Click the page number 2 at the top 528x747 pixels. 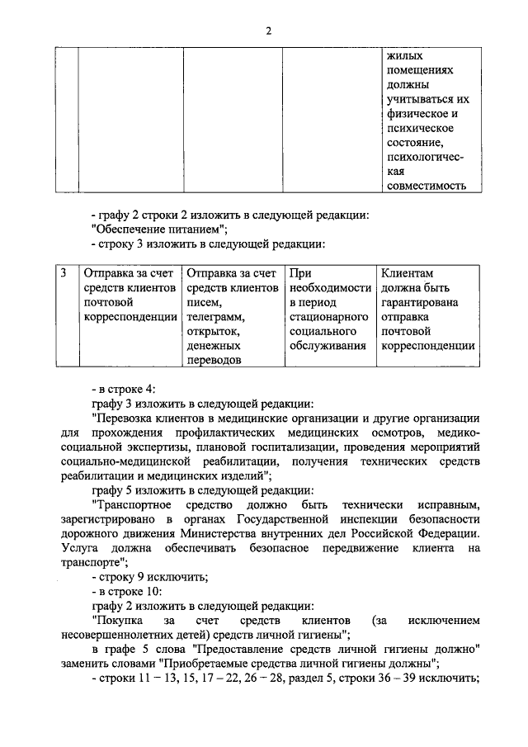point(268,31)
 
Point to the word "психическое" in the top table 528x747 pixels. point(415,129)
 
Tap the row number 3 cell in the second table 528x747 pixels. point(64,272)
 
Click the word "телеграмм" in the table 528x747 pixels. point(216,316)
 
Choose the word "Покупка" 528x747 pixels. point(119,619)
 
